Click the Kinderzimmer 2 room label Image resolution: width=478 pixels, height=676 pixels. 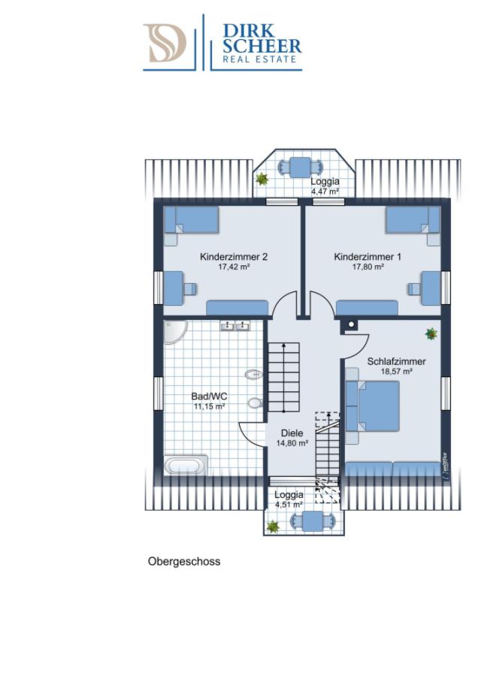click(234, 257)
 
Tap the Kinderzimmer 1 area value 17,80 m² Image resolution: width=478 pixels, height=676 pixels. click(368, 267)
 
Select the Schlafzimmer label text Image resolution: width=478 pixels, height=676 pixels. click(397, 362)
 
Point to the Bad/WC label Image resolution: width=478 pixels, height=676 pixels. click(209, 397)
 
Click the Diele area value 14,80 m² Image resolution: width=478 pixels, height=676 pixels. click(292, 443)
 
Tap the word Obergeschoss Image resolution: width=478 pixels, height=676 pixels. click(184, 562)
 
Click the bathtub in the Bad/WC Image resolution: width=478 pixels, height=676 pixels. click(186, 466)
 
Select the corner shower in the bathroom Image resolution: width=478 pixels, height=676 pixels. click(174, 332)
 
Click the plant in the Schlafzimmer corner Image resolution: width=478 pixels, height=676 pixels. click(431, 333)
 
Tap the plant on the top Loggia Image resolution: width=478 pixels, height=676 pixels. click(262, 179)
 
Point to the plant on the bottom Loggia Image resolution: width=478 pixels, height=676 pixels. click(273, 527)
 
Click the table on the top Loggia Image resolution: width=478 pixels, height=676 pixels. click(301, 167)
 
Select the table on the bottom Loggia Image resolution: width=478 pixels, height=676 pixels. click(313, 521)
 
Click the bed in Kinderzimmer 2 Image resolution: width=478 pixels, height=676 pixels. click(191, 220)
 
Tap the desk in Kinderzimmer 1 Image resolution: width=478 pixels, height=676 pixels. click(431, 288)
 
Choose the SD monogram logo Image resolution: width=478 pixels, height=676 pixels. click(165, 43)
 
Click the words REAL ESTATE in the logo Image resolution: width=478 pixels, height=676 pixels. click(259, 59)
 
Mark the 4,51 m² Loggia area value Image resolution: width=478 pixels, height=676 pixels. click(289, 505)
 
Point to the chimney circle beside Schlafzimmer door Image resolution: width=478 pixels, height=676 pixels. click(351, 324)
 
